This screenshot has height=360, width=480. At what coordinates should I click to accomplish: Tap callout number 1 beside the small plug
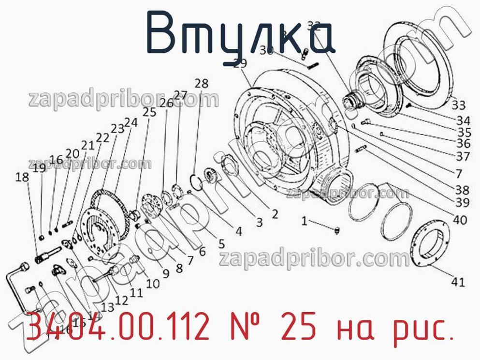click(x=304, y=221)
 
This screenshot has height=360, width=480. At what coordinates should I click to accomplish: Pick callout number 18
click(x=22, y=177)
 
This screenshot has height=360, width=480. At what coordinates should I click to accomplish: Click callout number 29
click(x=240, y=63)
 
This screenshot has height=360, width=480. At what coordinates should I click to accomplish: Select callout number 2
click(x=274, y=213)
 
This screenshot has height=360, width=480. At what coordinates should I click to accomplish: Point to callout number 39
click(x=462, y=202)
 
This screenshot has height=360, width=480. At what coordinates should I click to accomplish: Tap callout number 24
click(x=131, y=123)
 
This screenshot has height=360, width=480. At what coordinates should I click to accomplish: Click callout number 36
click(x=463, y=144)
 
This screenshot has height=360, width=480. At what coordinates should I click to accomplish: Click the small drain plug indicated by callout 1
click(x=337, y=229)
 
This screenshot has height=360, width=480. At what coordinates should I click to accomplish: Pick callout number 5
click(x=221, y=243)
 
